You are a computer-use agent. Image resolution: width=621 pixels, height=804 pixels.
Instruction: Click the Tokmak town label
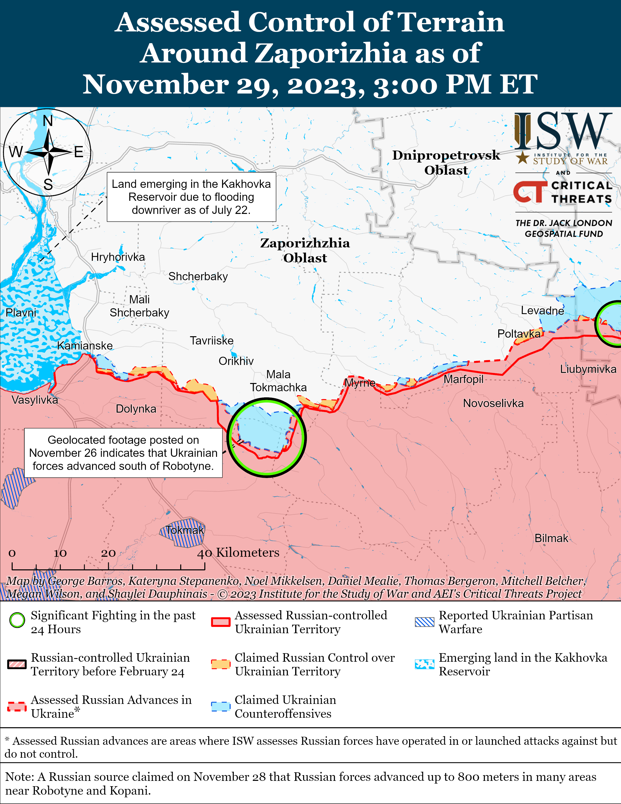(184, 530)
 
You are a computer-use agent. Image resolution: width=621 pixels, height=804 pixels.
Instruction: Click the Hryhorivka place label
(118, 257)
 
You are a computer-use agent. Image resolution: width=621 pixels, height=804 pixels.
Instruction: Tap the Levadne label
(542, 310)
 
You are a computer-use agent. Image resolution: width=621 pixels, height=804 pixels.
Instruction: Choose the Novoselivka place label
(493, 403)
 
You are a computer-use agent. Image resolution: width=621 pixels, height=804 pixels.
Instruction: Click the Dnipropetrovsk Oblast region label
(446, 162)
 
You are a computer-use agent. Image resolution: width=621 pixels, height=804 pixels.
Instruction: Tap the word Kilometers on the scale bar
(248, 553)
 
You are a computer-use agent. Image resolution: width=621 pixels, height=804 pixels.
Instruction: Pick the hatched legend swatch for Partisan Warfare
(424, 622)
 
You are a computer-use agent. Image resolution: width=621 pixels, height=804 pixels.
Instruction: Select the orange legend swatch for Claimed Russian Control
(221, 664)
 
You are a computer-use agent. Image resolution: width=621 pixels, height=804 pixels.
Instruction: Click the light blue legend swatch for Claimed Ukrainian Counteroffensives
(221, 707)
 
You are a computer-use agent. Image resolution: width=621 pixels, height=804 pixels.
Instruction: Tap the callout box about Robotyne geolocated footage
(123, 453)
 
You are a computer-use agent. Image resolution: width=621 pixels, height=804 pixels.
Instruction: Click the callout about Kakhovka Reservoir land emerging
(191, 197)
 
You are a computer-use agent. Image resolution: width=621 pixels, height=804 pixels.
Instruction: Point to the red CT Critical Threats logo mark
(529, 191)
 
